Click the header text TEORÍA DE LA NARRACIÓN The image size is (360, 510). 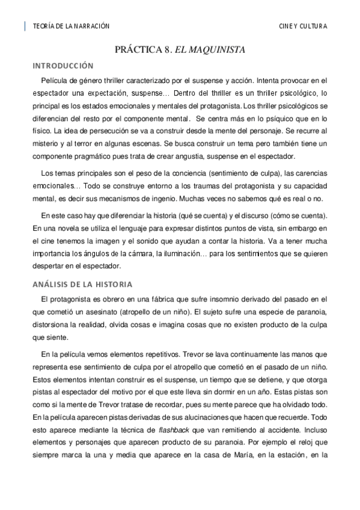coord(72,26)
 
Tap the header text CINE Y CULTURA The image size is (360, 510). coord(304,26)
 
